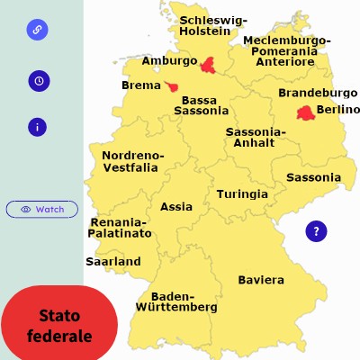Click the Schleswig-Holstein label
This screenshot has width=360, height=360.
tap(213, 25)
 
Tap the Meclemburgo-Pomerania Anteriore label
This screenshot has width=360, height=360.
tap(287, 51)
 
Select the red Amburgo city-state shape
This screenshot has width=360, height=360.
tap(209, 64)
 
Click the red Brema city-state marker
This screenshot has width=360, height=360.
tap(171, 86)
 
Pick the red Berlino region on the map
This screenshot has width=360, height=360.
tap(306, 112)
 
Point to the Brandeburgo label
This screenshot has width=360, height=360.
tap(318, 93)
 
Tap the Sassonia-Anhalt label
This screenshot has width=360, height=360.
tap(256, 137)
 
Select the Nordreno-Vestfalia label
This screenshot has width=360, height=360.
tap(132, 160)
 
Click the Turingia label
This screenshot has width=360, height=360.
tap(242, 193)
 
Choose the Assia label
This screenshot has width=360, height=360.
tap(176, 206)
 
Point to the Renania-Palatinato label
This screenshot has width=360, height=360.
tap(119, 227)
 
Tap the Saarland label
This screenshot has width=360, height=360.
tap(113, 261)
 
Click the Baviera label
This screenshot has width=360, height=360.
tap(261, 279)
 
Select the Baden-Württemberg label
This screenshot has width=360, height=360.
tap(176, 301)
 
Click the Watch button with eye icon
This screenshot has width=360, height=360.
tap(42, 209)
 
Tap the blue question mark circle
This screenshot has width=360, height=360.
tap(316, 231)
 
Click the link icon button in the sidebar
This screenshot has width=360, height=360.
tap(38, 30)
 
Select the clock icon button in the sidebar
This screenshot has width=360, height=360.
tap(39, 80)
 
